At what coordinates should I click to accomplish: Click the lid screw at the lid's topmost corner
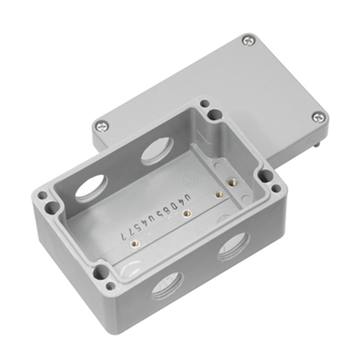pos(249,41)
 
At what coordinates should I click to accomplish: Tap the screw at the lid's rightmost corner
pos(318,117)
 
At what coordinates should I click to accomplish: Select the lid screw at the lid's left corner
pos(102,126)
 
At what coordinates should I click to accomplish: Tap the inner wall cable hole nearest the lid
pos(157,152)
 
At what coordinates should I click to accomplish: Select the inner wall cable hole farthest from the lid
pos(91,188)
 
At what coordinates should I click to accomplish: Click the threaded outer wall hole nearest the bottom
pos(167,286)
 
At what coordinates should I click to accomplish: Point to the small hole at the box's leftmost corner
pos(42,196)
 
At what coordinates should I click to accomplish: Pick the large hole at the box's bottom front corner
pos(102,272)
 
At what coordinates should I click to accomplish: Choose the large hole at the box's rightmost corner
pos(266,176)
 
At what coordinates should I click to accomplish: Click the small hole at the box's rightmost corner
pos(276,188)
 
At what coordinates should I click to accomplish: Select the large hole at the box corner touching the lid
pos(215,115)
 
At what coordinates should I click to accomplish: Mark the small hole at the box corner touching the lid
pos(204,104)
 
